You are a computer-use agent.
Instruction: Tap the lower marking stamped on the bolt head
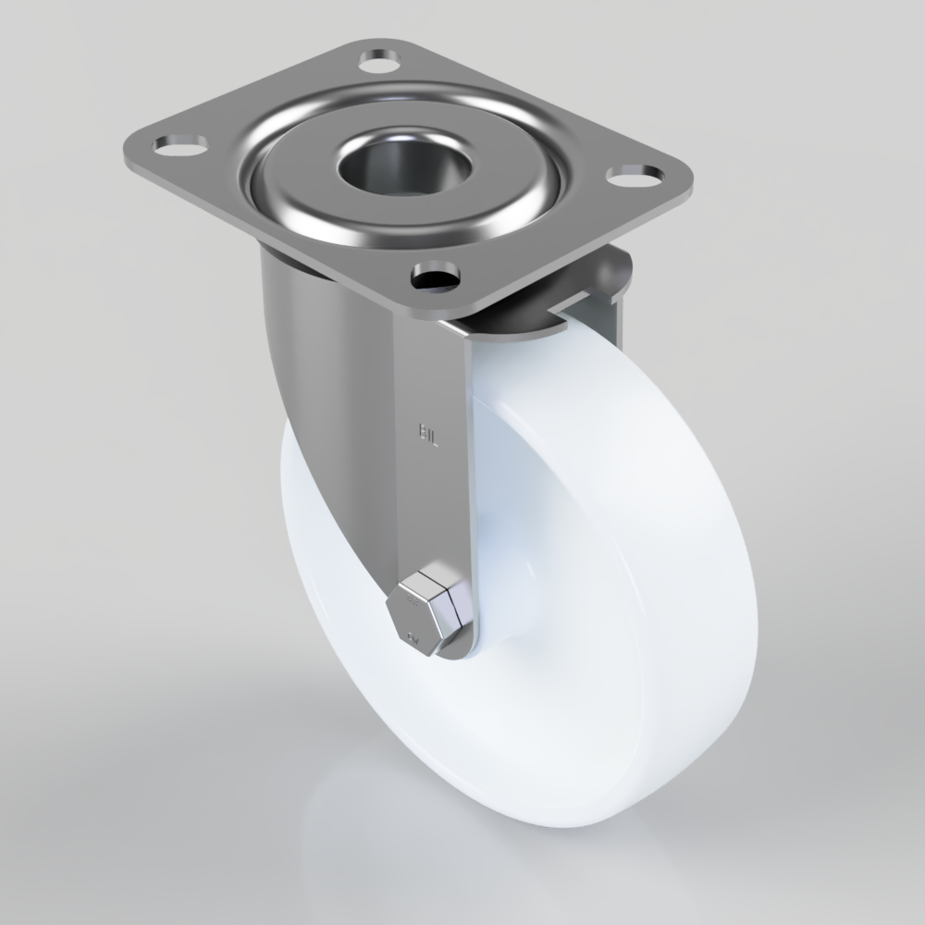click(411, 637)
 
